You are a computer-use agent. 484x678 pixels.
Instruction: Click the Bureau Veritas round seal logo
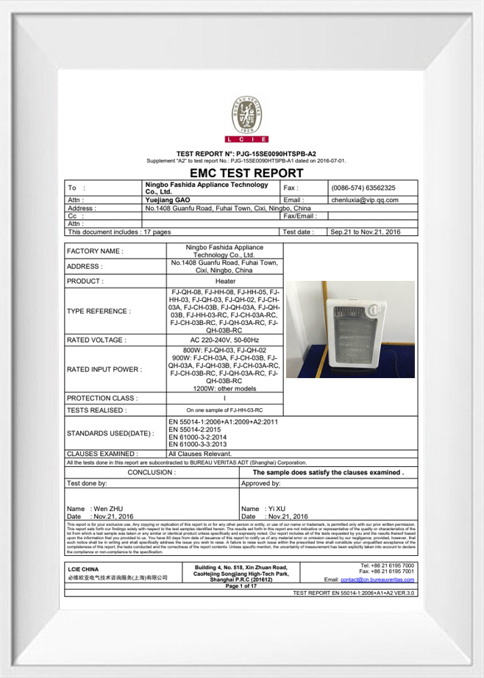248,113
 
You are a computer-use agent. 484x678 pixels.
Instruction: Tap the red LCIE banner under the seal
248,139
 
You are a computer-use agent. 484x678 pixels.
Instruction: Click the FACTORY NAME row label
96,251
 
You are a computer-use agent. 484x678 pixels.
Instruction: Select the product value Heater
225,281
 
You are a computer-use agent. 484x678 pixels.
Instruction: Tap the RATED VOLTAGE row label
96,340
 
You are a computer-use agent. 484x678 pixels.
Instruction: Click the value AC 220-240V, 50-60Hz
225,340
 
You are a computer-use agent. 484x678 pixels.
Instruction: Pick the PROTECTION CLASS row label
102,399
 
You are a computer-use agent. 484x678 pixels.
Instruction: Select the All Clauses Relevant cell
198,454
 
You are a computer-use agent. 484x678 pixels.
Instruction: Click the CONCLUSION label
152,473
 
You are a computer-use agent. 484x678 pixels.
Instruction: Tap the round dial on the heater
378,311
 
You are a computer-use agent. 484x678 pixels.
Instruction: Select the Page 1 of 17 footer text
242,586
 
